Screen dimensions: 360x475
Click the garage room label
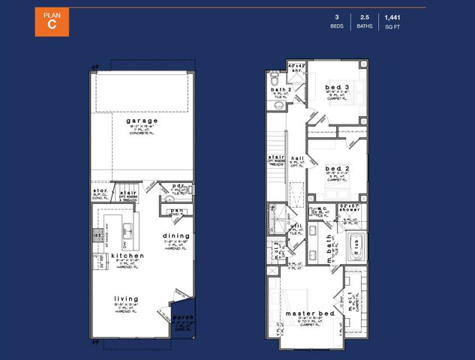click(142, 121)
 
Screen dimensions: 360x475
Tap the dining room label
click(176, 235)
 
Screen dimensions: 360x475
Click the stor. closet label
click(101, 191)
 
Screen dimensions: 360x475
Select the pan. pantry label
click(176, 211)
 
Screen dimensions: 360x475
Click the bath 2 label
click(281, 91)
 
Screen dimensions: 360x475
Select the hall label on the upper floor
click(297, 158)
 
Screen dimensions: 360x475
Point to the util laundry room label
click(297, 226)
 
